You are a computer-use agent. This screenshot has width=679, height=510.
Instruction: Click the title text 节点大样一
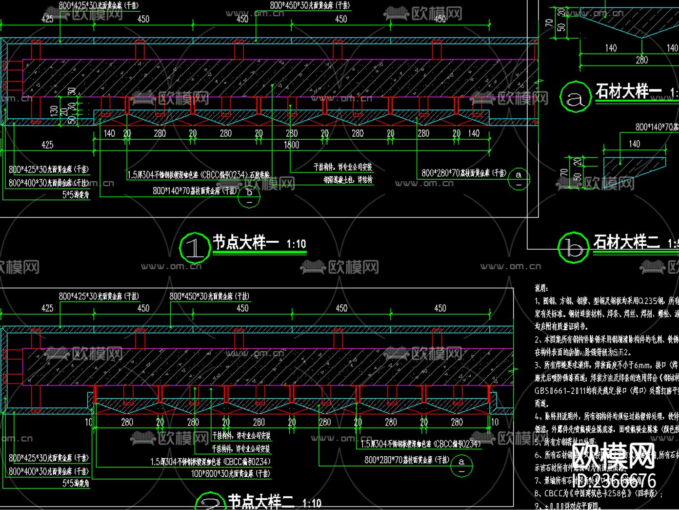[245, 242]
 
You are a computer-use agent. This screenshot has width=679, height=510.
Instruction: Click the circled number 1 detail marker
[195, 248]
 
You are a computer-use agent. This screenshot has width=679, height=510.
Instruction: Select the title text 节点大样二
[261, 502]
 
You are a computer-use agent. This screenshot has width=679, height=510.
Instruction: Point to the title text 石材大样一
[628, 91]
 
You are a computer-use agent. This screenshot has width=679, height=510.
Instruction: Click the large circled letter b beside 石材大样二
[573, 248]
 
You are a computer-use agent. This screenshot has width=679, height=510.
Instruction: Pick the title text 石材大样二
[626, 242]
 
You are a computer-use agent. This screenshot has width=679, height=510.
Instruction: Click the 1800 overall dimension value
[291, 145]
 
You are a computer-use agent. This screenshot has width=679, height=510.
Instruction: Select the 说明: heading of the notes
[541, 288]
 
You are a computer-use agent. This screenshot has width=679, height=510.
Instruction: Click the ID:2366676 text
[614, 480]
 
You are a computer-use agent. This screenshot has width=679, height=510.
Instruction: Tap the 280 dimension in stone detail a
[641, 60]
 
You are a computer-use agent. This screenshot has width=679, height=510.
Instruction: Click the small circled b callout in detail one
[250, 196]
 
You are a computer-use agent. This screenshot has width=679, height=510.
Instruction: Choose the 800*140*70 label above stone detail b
[657, 127]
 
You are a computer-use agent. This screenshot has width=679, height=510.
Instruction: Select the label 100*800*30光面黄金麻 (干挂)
[230, 473]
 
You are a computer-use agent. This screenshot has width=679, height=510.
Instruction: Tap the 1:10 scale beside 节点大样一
[296, 244]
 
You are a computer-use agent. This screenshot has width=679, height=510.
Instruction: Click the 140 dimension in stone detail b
[634, 144]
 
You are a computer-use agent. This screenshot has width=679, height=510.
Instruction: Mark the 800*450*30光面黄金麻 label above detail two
[209, 296]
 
